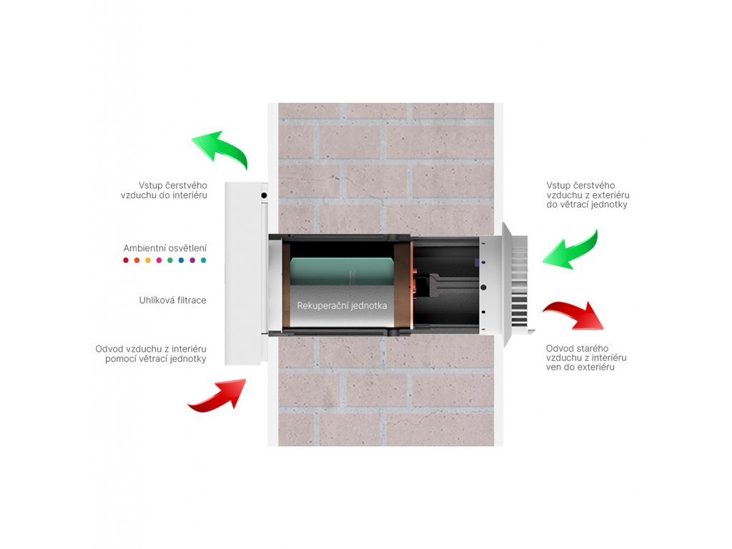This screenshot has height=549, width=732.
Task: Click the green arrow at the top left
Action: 220,149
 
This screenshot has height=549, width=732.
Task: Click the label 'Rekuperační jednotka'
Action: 342,305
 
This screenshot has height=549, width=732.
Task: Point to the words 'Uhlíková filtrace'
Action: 173,300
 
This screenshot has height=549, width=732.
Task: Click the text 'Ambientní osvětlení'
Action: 165,248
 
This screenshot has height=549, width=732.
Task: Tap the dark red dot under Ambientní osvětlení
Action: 126,261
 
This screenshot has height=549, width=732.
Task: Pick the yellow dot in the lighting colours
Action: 148,261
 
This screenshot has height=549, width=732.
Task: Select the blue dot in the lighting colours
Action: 182,261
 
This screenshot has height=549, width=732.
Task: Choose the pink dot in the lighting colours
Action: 159,261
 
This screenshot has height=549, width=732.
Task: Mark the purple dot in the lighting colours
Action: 192,261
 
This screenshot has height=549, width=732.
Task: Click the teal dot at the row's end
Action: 204,261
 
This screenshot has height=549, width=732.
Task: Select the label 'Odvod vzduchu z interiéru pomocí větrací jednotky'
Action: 151,354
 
